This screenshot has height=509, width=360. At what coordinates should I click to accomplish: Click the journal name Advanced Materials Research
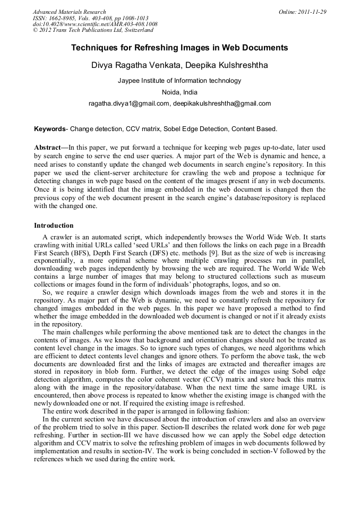pyautogui.click(x=69, y=12)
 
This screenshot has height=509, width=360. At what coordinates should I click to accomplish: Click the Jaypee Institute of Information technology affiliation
pyautogui.click(x=179, y=81)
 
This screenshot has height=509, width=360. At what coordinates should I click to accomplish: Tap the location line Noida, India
pyautogui.click(x=179, y=92)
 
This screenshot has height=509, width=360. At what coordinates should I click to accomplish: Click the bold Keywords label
pyautogui.click(x=50, y=128)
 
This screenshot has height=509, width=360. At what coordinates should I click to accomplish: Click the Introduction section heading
pyautogui.click(x=54, y=226)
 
